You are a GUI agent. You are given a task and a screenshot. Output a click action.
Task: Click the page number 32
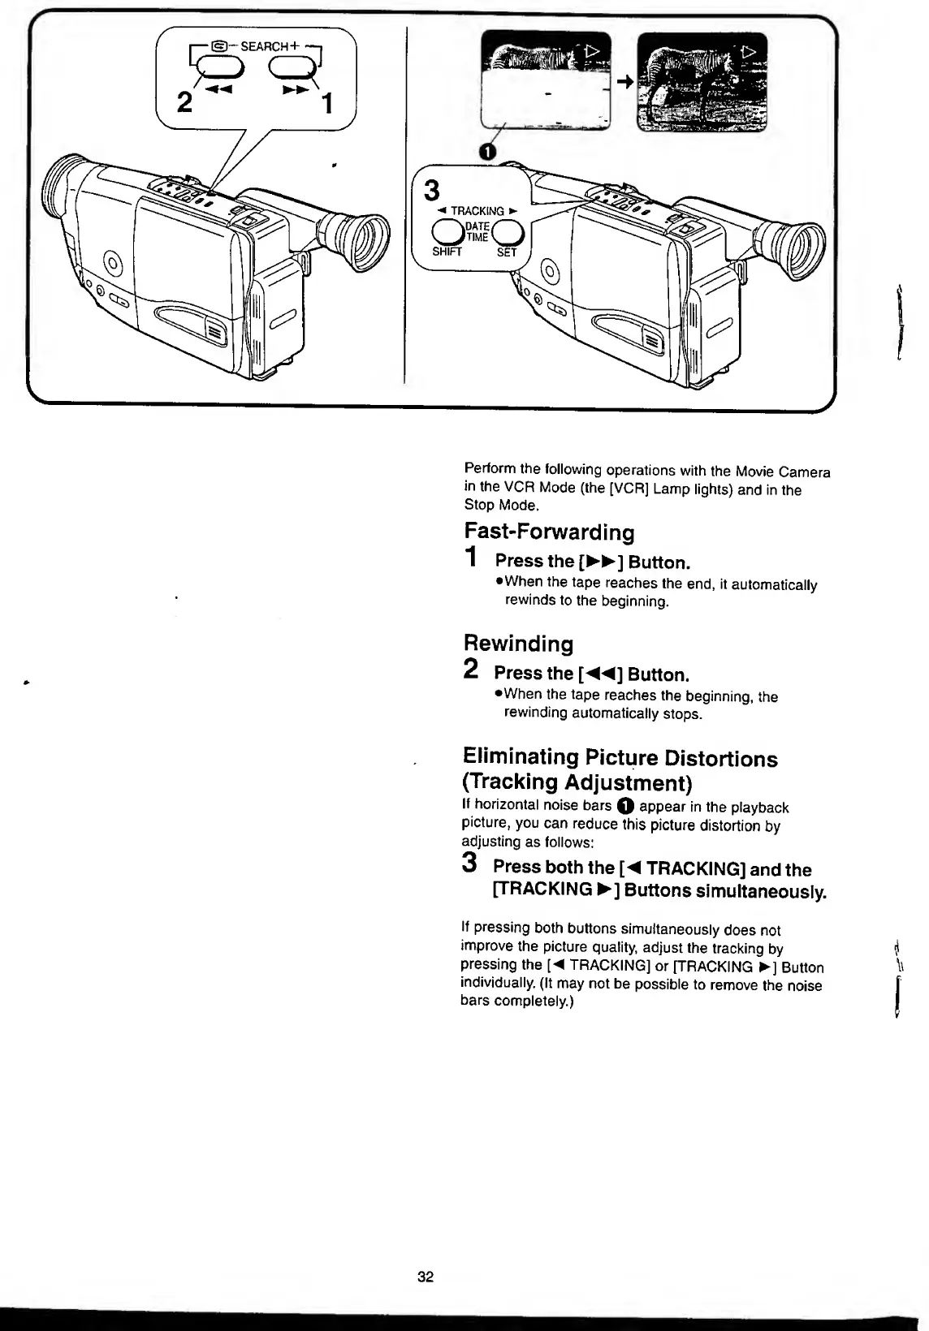point(426,1277)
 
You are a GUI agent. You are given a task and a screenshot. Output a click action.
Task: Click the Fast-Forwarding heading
point(549,532)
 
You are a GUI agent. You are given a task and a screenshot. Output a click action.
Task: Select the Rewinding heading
point(518,644)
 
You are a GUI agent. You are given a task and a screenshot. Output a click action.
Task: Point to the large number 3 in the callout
point(432,192)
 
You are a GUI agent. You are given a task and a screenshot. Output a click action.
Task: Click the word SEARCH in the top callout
point(265,46)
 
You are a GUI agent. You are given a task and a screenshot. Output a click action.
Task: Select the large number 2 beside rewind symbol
point(185,102)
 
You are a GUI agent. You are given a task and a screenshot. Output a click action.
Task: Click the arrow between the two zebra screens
point(625,81)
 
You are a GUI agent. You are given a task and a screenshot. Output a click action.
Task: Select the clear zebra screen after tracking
point(702,81)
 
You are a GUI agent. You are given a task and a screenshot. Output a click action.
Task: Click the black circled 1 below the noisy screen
point(486,152)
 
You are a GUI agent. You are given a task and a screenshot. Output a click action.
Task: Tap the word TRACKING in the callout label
point(477,211)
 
